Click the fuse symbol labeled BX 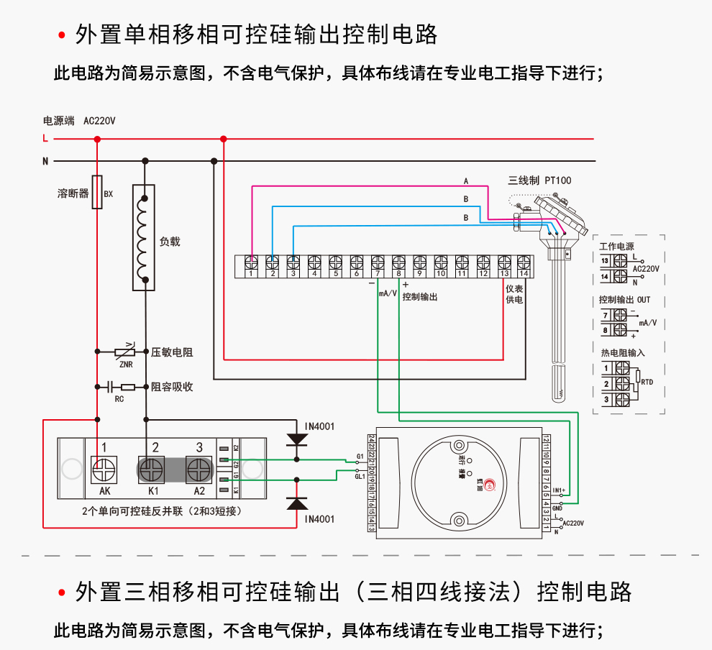pos(98,193)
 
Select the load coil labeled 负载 pos(145,237)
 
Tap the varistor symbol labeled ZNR pos(125,352)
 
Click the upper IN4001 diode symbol pos(296,439)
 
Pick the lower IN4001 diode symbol pos(296,503)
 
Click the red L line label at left pos(45,139)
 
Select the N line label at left pos(45,161)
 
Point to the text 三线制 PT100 pos(539,180)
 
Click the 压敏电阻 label pos(172,352)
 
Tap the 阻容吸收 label pos(172,387)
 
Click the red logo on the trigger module pos(490,485)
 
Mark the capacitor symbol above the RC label pos(111,387)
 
